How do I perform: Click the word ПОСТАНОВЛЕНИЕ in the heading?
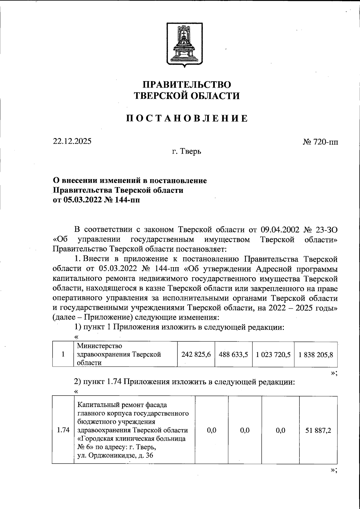[187, 118]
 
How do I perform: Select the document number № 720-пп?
[320, 142]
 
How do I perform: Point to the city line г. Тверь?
[186, 152]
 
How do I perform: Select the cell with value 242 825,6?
[196, 355]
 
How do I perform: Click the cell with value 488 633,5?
[233, 355]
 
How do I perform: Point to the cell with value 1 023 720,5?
[273, 355]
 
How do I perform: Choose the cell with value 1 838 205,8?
[316, 355]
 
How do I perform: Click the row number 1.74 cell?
[63, 430]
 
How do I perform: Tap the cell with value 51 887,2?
[319, 430]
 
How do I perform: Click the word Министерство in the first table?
[100, 346]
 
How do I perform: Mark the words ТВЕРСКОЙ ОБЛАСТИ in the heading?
[187, 96]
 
